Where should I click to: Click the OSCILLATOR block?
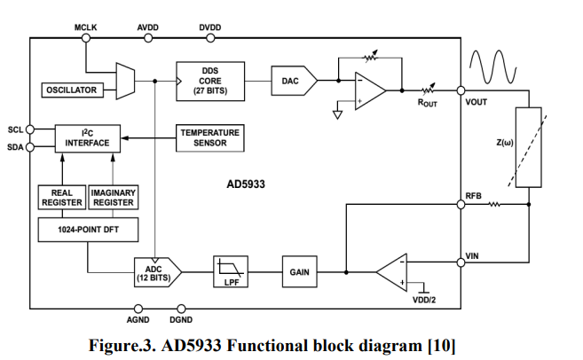point(71,90)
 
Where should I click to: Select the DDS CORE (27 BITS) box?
point(211,81)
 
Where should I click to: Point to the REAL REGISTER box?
point(61,198)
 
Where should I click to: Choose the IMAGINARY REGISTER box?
point(112,198)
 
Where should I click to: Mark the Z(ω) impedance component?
point(528,147)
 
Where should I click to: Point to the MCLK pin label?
point(86,27)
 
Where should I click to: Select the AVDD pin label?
point(148,27)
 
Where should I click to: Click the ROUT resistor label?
point(428,103)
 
